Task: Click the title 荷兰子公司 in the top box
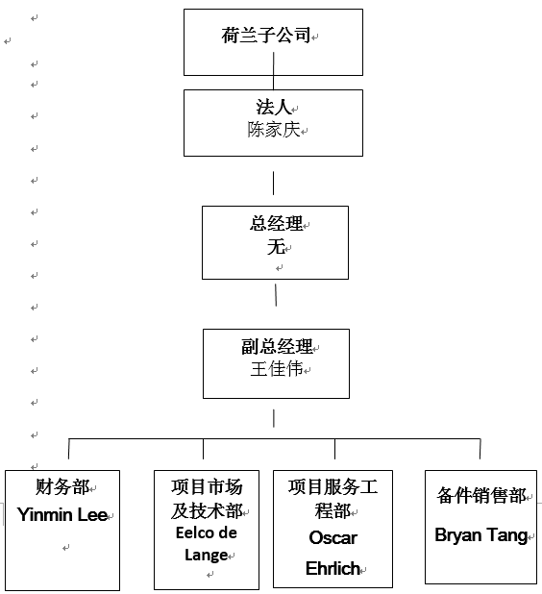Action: click(266, 36)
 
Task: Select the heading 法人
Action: click(273, 107)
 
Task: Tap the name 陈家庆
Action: click(274, 130)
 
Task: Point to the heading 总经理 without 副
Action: click(276, 223)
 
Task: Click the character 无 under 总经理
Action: click(276, 247)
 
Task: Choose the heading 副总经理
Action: click(277, 346)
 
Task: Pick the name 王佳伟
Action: click(277, 368)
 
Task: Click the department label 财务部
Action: click(62, 486)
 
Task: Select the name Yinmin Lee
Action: click(62, 515)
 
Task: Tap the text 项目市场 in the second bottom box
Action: click(207, 486)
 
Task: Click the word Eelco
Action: click(192, 533)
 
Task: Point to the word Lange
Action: click(206, 556)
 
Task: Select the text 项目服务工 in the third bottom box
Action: click(333, 486)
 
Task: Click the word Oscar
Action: click(333, 538)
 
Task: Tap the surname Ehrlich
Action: click(333, 568)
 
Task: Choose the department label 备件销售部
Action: click(481, 496)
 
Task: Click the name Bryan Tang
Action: click(481, 535)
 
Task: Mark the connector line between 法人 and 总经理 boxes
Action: click(274, 183)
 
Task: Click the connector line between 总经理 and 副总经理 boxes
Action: click(276, 295)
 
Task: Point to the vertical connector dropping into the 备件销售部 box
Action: click(480, 449)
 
